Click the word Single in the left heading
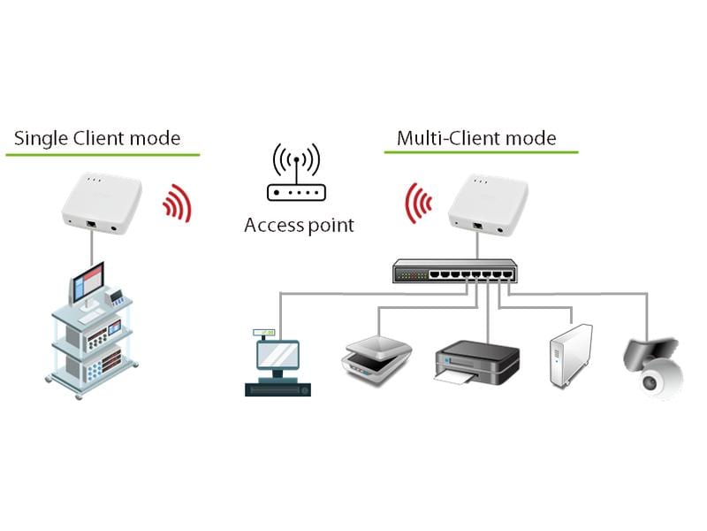click(41, 138)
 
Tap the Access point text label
click(299, 225)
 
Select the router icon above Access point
click(296, 178)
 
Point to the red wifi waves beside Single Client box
click(178, 203)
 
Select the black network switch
click(454, 270)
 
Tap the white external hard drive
click(569, 356)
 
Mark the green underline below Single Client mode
click(103, 155)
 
